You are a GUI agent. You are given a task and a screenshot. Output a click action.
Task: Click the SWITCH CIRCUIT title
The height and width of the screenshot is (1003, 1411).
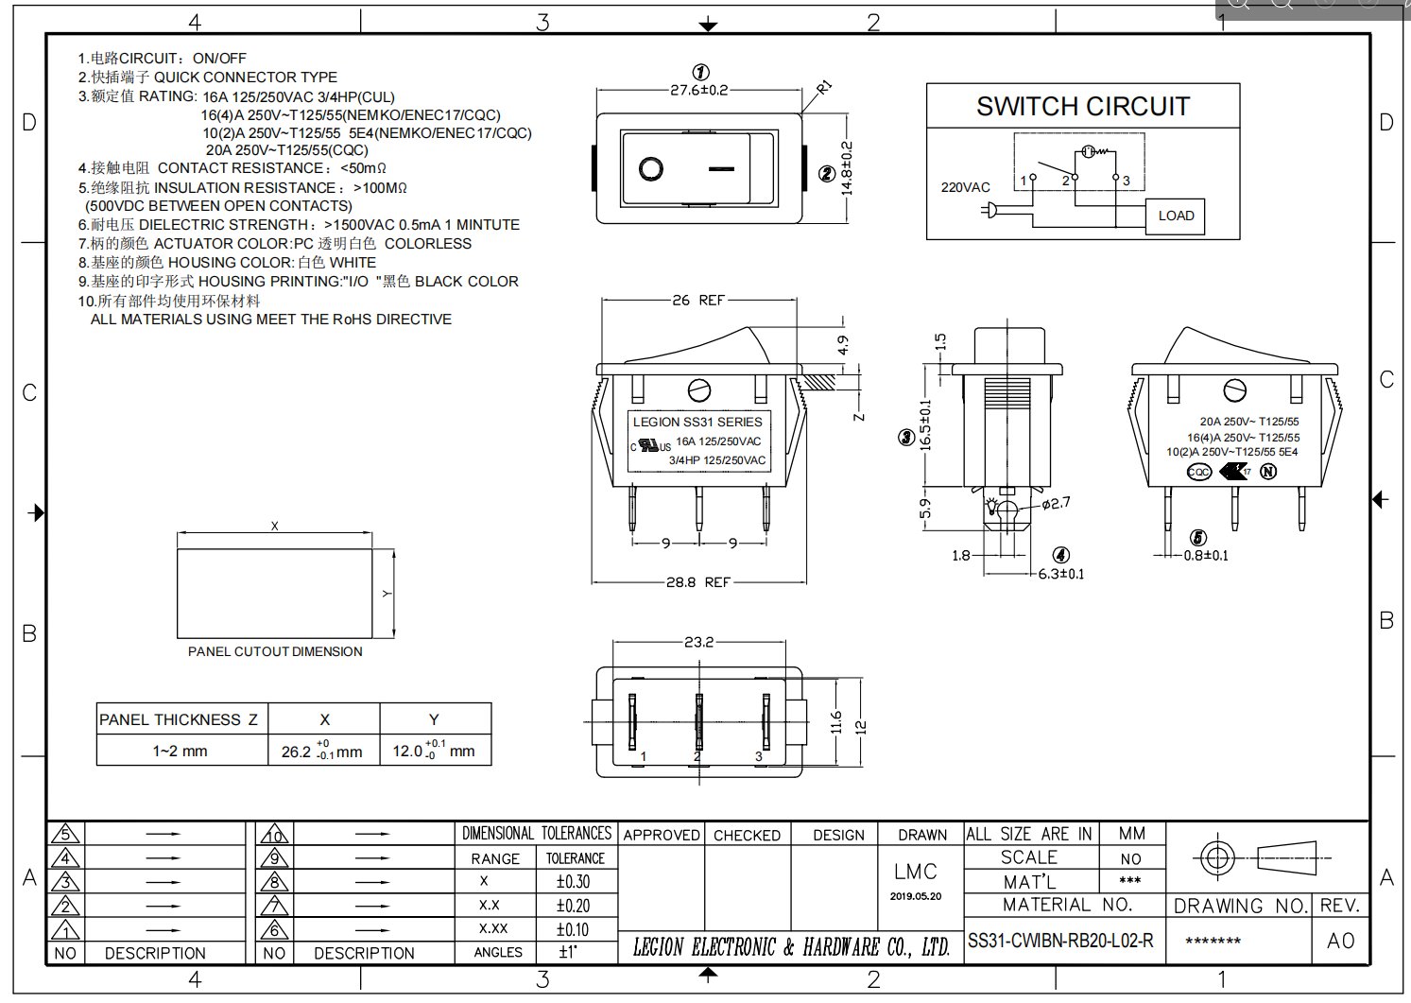pyautogui.click(x=1082, y=106)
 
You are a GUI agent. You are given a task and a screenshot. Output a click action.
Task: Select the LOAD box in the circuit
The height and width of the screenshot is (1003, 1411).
pyautogui.click(x=1176, y=216)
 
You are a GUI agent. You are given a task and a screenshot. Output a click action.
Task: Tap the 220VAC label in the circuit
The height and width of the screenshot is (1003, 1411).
pyautogui.click(x=965, y=187)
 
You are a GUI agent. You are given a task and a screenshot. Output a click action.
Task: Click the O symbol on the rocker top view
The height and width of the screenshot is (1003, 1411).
pyautogui.click(x=650, y=168)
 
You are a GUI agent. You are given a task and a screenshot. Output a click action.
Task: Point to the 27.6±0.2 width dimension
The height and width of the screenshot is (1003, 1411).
pyautogui.click(x=698, y=90)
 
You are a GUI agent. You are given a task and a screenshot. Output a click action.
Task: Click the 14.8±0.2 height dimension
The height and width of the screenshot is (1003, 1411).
pyautogui.click(x=847, y=168)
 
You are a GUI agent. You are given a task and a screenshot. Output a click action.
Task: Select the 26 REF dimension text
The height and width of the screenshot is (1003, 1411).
pyautogui.click(x=698, y=300)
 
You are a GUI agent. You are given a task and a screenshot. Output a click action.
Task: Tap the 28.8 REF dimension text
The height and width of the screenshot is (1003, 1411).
pyautogui.click(x=698, y=582)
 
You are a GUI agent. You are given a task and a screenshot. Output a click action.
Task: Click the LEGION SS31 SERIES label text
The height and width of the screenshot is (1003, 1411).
pyautogui.click(x=697, y=422)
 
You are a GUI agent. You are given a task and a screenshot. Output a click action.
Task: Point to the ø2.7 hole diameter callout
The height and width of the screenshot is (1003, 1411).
pyautogui.click(x=1057, y=503)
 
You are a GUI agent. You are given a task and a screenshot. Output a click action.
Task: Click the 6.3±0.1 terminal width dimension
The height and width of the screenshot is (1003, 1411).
pyautogui.click(x=1060, y=574)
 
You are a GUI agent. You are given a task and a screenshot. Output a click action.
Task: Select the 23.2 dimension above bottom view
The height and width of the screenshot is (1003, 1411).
pyautogui.click(x=698, y=642)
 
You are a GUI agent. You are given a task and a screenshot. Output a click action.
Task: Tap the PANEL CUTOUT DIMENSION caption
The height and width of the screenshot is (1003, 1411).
pyautogui.click(x=275, y=651)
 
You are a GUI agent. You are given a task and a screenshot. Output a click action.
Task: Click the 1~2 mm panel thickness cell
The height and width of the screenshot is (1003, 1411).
pyautogui.click(x=181, y=751)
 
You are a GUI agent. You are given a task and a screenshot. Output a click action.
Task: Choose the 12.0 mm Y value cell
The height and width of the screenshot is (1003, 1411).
pyautogui.click(x=434, y=751)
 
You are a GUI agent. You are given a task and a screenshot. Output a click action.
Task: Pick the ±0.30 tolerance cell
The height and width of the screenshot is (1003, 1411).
pyautogui.click(x=573, y=881)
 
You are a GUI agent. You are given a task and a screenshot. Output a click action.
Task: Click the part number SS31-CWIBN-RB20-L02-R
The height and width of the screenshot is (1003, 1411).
pyautogui.click(x=1060, y=941)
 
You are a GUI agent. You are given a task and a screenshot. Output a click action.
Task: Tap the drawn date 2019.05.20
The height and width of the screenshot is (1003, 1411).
pyautogui.click(x=915, y=896)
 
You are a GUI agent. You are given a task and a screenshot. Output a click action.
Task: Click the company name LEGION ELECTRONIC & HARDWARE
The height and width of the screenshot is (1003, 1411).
pyautogui.click(x=791, y=946)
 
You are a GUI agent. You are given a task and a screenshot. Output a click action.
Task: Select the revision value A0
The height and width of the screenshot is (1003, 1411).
pyautogui.click(x=1340, y=941)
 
